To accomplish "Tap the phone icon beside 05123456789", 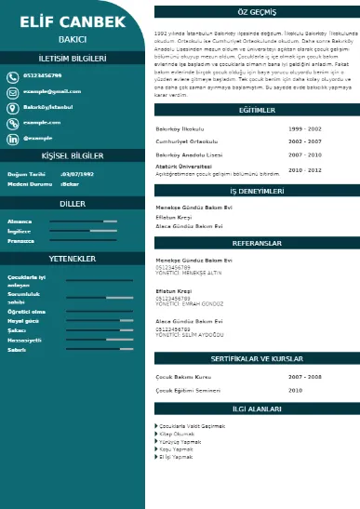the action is tap(13, 76).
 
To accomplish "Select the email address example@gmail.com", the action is tap(52, 91).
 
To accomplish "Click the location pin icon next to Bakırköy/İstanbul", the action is tap(13, 107).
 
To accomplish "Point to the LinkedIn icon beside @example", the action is tap(13, 138).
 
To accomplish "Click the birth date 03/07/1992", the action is tap(76, 174).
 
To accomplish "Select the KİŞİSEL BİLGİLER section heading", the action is tap(73, 155).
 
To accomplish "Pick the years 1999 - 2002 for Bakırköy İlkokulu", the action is tap(304, 127).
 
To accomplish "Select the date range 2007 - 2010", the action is tap(304, 154).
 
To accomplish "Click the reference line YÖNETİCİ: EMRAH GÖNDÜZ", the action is tap(192, 304).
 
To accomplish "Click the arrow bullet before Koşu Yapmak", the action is tap(155, 449).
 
